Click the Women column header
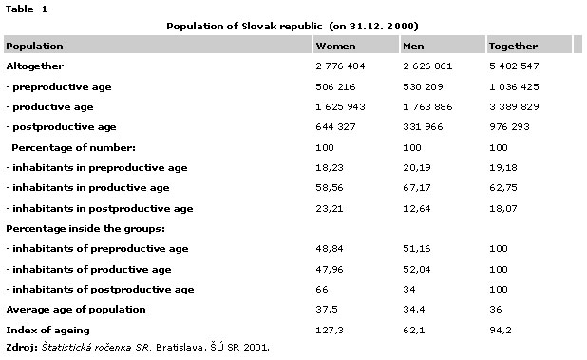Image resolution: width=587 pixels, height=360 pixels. tap(335, 46)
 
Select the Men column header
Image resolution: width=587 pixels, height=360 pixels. tap(413, 46)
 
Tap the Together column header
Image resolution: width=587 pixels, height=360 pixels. tap(513, 46)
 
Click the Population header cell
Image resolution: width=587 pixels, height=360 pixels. tap(34, 46)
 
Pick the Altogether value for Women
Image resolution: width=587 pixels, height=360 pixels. tap(340, 66)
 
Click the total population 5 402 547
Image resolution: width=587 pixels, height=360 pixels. tap(514, 66)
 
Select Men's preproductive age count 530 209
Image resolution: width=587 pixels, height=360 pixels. tap(423, 86)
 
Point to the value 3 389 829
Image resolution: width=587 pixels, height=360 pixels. tap(514, 107)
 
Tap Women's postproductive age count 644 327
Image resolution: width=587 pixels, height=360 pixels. tap(335, 127)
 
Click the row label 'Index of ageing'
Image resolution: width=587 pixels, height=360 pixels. tap(47, 330)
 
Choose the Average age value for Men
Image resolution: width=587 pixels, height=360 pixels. tap(414, 309)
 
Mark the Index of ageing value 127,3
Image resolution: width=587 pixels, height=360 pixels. tap(330, 330)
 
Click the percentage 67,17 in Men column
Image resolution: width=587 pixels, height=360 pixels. tap(417, 187)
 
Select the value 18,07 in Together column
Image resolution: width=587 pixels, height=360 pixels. tap(503, 208)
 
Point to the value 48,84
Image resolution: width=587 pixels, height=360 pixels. tap(330, 249)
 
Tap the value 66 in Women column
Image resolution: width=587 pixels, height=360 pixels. tap(322, 290)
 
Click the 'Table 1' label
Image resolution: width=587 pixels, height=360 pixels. tap(27, 9)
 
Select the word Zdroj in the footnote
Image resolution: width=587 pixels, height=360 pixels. tap(20, 348)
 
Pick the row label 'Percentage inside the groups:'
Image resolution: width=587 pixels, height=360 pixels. tap(85, 229)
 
